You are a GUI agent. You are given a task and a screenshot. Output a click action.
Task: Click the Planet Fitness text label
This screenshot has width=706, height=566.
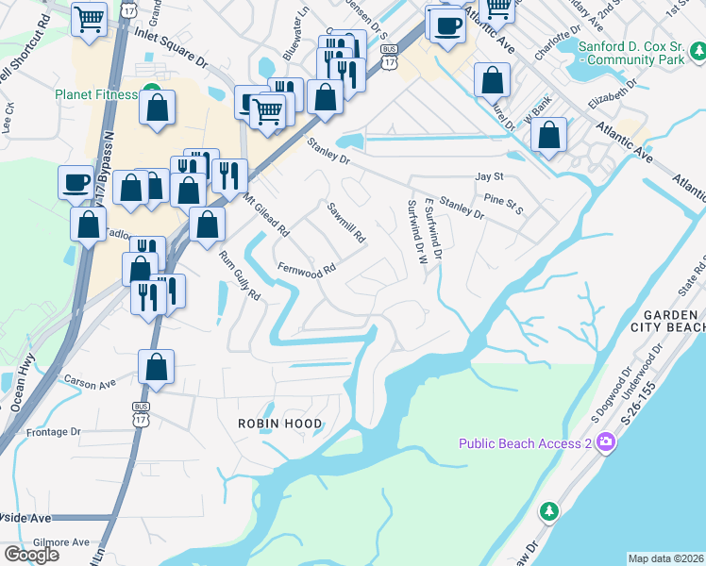point(93,94)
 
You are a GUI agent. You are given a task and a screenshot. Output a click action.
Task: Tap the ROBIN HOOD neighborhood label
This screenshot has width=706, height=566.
point(279,424)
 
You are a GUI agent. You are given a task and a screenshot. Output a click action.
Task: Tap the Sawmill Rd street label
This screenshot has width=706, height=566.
point(345,223)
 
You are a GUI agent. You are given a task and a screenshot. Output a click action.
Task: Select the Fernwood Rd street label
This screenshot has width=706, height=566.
point(307,269)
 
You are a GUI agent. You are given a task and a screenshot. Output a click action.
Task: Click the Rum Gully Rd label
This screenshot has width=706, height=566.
point(240,280)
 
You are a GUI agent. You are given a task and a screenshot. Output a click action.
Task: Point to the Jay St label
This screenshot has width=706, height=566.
point(489,175)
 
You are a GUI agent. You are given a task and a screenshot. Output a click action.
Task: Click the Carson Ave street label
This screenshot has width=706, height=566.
point(90,384)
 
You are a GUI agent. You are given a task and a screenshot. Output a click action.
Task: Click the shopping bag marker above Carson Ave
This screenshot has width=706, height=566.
point(157,367)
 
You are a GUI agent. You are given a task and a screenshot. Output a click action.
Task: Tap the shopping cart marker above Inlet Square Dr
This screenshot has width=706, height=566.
point(90,18)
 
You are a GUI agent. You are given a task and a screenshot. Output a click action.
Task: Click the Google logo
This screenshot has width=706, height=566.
point(31,555)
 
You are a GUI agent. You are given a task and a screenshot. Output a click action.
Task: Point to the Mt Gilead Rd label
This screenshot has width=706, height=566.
point(266,216)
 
